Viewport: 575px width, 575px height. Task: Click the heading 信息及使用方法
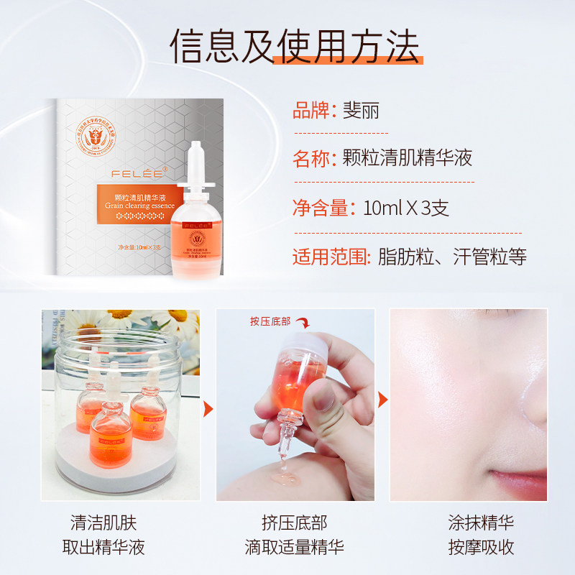(295, 46)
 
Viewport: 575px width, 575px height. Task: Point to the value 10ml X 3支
(407, 208)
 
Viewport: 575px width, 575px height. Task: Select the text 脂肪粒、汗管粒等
(452, 257)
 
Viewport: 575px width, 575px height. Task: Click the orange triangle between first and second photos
(208, 410)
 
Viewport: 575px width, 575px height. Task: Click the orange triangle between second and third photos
(382, 400)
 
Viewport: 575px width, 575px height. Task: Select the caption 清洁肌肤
(108, 523)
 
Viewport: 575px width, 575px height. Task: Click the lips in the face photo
(517, 480)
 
